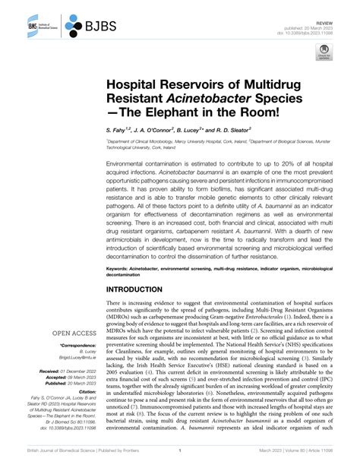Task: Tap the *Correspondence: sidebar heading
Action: [x=79, y=345]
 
